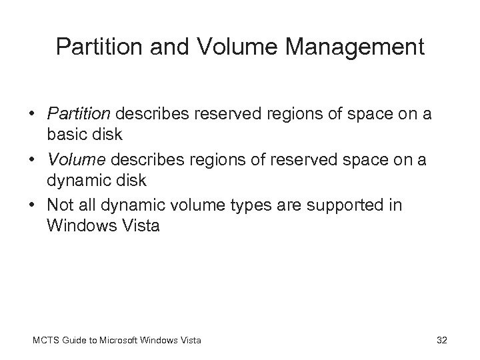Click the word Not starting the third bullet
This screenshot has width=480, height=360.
pos(61,206)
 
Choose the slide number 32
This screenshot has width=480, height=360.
pos(441,341)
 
